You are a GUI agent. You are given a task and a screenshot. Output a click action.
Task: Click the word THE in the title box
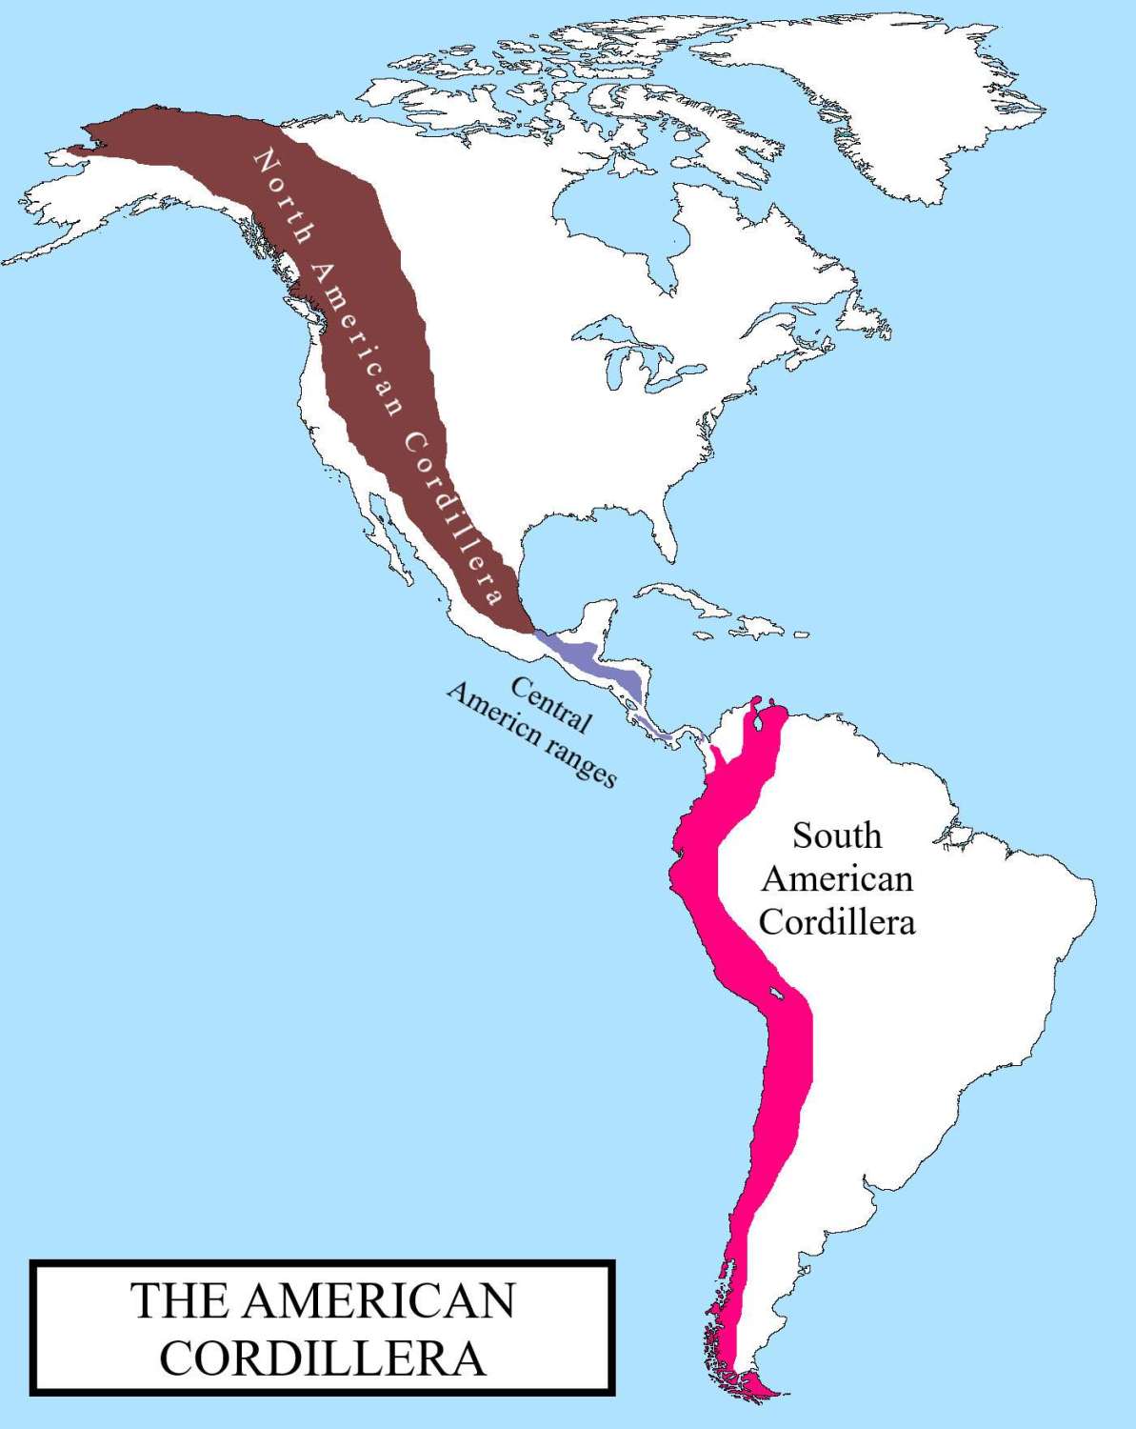(177, 1301)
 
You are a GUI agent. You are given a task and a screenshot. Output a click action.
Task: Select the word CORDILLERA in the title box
(322, 1359)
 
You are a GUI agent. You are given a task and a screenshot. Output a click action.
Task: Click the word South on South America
(837, 835)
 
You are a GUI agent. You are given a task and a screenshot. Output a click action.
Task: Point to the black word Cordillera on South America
(837, 922)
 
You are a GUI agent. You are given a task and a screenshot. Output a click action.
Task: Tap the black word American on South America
(837, 878)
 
